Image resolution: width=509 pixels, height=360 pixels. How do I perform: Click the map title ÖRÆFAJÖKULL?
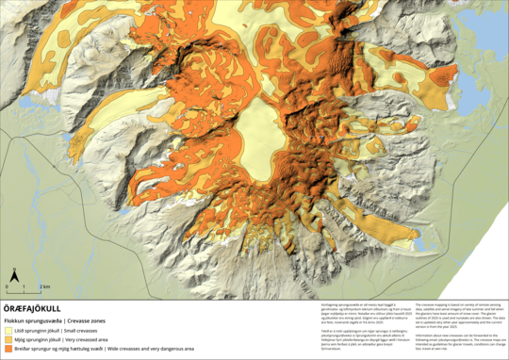pos(31,307)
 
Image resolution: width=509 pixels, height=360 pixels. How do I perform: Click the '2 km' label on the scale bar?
pos(44,285)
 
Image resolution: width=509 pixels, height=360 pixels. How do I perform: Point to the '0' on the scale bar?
pos(8,285)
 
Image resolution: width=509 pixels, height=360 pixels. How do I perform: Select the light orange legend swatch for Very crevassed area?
pos(8,340)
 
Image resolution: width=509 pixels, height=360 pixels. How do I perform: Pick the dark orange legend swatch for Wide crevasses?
pos(8,349)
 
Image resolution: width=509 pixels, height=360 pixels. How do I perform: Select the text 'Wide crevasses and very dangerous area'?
pos(151,349)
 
